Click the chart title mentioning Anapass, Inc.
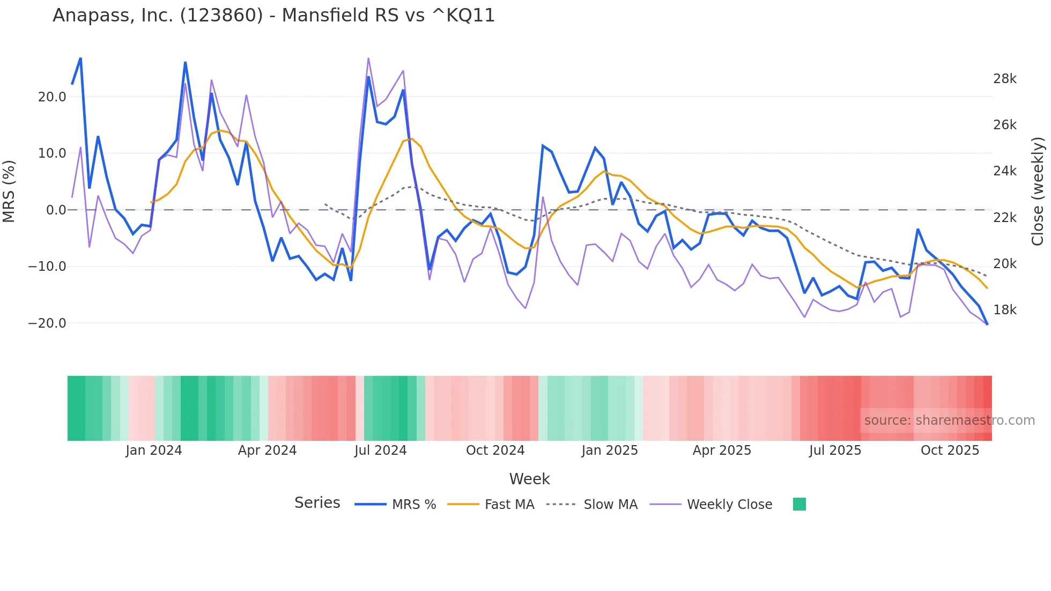(x=273, y=16)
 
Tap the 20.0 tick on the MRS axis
(x=51, y=97)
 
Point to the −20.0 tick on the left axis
(x=47, y=323)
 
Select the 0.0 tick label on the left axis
(x=56, y=210)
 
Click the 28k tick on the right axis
(x=1004, y=79)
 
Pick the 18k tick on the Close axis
(x=1004, y=310)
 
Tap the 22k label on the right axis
(x=1004, y=218)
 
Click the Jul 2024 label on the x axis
(x=380, y=450)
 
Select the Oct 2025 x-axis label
(x=950, y=450)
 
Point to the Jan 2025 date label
(x=610, y=450)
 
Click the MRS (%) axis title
(x=9, y=191)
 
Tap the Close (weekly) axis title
(x=1038, y=191)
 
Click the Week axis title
(x=529, y=479)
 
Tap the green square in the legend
(x=799, y=504)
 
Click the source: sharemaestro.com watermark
(x=949, y=420)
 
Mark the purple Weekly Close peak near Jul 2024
(x=368, y=58)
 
